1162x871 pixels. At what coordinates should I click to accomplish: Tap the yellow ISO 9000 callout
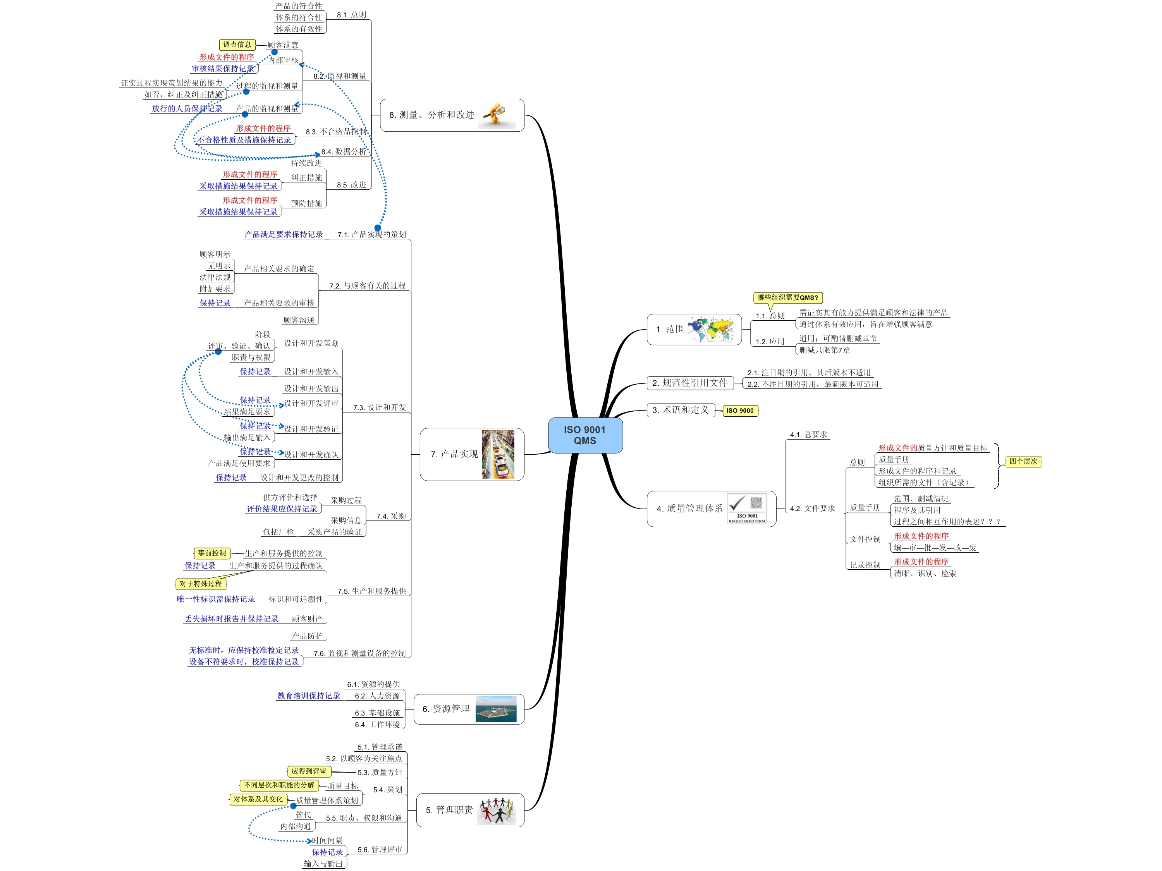click(740, 411)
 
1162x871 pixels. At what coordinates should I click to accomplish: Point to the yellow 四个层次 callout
click(1023, 461)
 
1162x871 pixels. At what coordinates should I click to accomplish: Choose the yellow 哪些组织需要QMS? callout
click(787, 297)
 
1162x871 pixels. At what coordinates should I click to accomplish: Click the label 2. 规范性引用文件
click(690, 383)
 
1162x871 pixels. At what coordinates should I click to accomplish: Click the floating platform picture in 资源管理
click(495, 709)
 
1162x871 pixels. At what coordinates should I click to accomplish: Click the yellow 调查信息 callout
click(237, 45)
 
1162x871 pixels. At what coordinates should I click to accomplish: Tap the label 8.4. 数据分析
click(344, 152)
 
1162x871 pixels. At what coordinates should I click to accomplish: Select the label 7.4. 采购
click(391, 516)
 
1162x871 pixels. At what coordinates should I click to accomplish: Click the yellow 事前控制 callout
click(212, 553)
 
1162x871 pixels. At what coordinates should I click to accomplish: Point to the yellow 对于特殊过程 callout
click(200, 584)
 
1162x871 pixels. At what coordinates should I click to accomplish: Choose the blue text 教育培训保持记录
click(308, 696)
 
